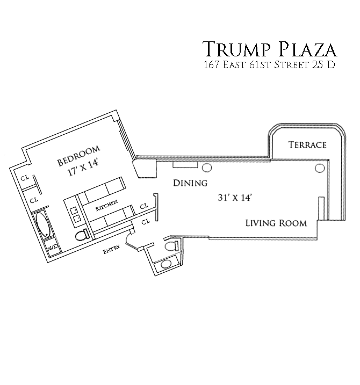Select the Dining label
(x=190, y=183)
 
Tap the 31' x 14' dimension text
(x=235, y=197)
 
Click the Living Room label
(x=276, y=223)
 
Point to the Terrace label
(x=307, y=145)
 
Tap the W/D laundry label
(x=52, y=248)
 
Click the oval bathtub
(x=42, y=225)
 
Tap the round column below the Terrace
(x=321, y=168)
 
